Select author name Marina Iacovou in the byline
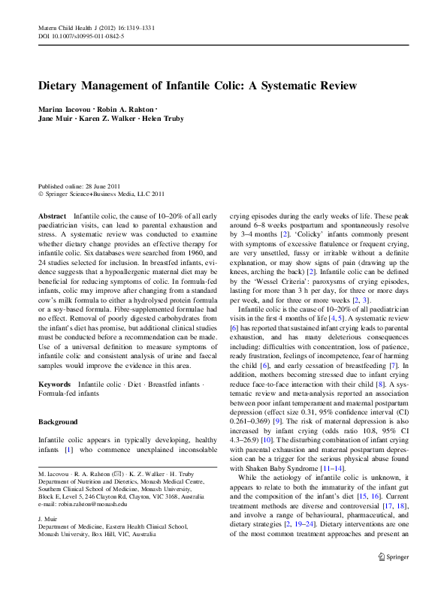pyautogui.click(x=68, y=110)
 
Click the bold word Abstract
pyautogui.click(x=52, y=216)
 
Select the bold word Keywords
pyautogui.click(x=55, y=384)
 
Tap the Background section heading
pyautogui.click(x=58, y=422)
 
